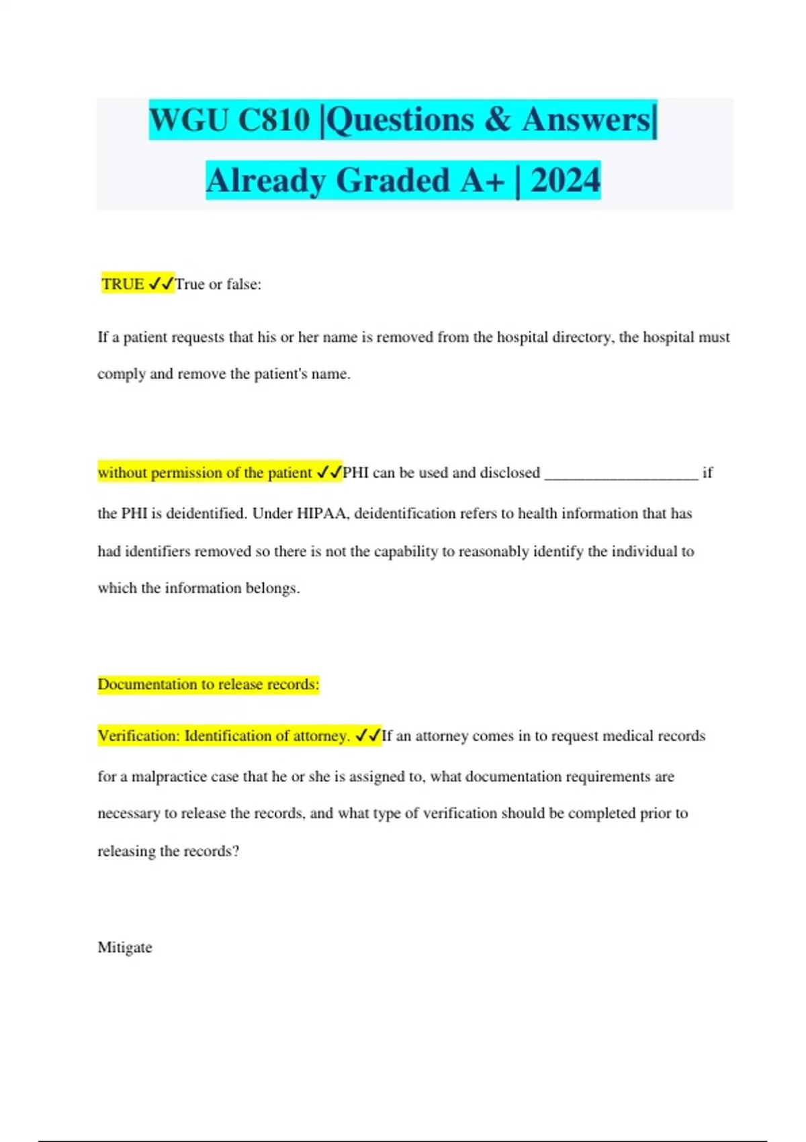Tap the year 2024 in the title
point(565,180)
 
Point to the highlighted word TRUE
point(123,284)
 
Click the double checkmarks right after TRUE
point(161,284)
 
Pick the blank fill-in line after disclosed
point(621,474)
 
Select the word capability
point(406,552)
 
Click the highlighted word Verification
point(137,736)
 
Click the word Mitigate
point(125,947)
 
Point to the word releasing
point(126,851)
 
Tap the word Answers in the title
point(586,120)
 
